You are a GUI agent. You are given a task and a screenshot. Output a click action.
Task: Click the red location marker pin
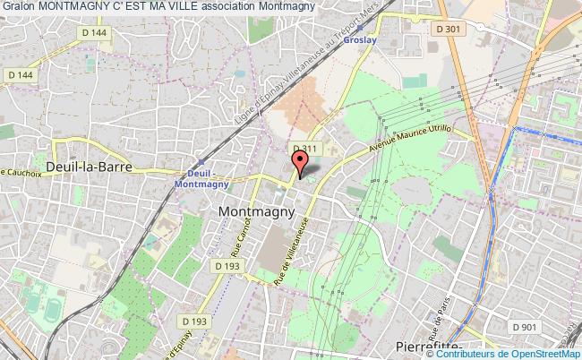[x=301, y=162]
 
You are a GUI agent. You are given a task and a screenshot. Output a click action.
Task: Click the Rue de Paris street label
[x=440, y=314]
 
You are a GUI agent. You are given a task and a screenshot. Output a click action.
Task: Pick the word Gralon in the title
[x=18, y=6]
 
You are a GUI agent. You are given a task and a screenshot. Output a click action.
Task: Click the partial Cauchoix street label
[x=23, y=172]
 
